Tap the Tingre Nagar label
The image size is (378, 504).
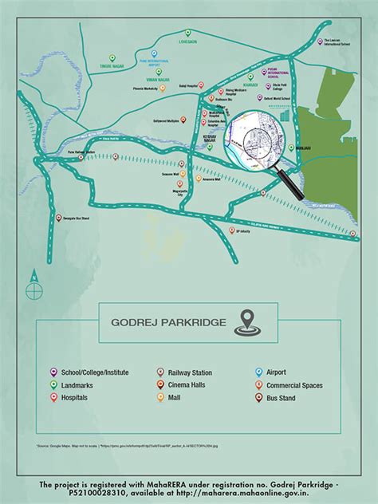click(x=112, y=67)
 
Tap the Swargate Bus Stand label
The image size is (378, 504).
click(x=71, y=217)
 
